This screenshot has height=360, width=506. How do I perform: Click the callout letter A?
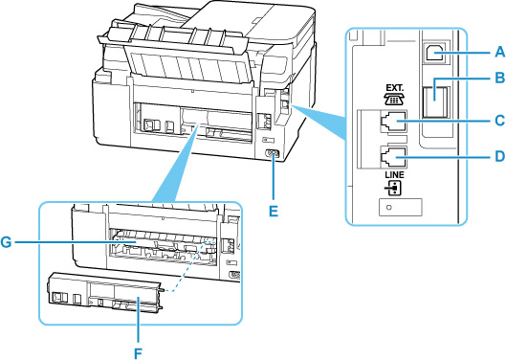[x=500, y=52]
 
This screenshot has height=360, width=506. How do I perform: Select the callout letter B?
[x=500, y=78]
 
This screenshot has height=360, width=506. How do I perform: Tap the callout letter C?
[x=500, y=121]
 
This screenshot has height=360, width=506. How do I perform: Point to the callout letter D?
[x=500, y=156]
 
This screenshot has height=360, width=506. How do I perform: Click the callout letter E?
[x=274, y=212]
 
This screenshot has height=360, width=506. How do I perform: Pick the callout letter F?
[x=138, y=353]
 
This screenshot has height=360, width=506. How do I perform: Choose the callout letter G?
[x=6, y=242]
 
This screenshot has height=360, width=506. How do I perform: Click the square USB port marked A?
[x=434, y=52]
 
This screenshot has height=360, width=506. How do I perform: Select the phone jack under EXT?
[x=393, y=122]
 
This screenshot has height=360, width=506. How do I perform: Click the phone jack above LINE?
[x=393, y=157]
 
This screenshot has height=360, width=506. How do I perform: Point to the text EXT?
[x=395, y=88]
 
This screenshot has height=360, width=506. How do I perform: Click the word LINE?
[x=394, y=175]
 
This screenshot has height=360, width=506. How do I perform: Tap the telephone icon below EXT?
[x=395, y=100]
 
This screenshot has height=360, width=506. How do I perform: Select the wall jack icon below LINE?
[x=395, y=189]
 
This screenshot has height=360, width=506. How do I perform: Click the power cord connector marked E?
[x=271, y=154]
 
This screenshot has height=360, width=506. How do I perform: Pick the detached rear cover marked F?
[x=104, y=294]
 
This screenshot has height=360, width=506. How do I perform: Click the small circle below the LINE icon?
[x=389, y=208]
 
